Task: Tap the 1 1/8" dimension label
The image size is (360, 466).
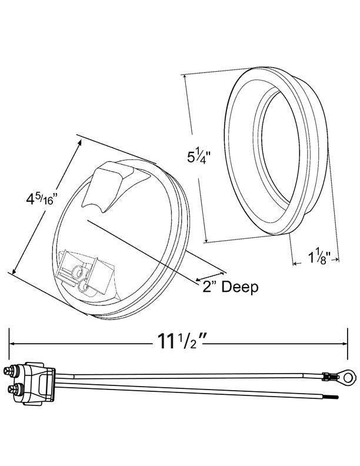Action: (x=323, y=257)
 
